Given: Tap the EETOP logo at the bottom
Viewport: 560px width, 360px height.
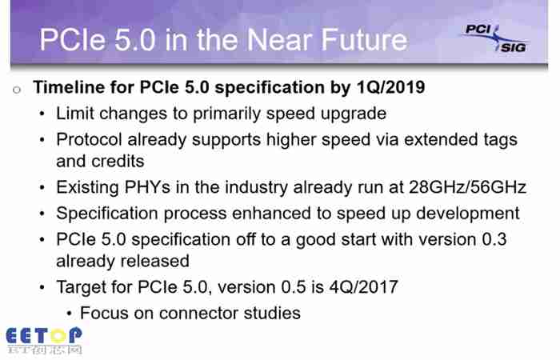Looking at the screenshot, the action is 44,341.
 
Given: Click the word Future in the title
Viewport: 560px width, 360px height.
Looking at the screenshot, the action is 364,40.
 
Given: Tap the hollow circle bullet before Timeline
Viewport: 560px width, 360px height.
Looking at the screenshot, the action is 17,90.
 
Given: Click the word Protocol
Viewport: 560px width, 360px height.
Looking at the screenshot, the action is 89,140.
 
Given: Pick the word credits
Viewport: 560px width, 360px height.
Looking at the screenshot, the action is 118,162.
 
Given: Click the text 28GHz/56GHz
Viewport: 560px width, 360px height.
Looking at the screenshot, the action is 467,187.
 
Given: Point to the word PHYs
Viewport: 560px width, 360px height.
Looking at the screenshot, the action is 147,187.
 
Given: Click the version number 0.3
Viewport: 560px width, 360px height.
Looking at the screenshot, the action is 494,239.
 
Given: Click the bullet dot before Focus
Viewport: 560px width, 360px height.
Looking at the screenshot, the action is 70,314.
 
